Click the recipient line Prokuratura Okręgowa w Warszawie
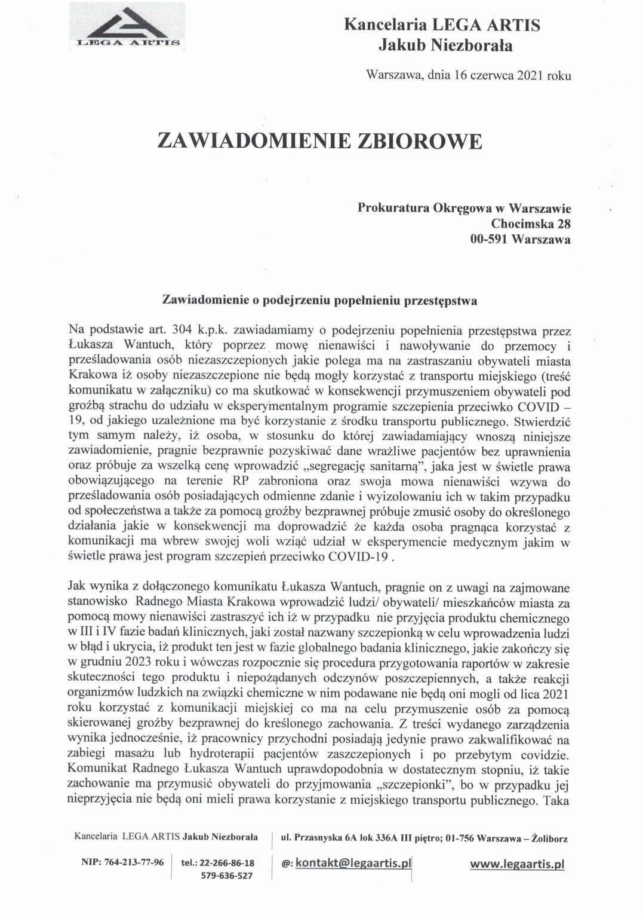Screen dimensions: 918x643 (464, 208)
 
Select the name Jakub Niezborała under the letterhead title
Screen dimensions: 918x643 (445, 44)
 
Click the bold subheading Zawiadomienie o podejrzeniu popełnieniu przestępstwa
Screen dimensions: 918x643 (319, 301)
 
